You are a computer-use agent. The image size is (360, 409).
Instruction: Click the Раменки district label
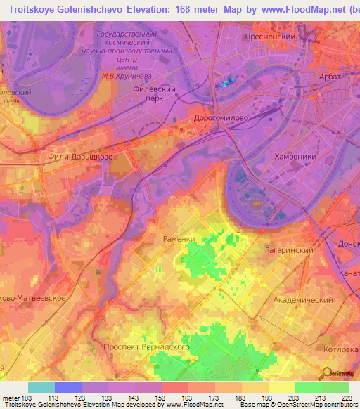click(x=179, y=239)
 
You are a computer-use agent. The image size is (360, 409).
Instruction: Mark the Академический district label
click(x=302, y=299)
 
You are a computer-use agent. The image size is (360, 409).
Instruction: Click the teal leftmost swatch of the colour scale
click(x=41, y=387)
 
